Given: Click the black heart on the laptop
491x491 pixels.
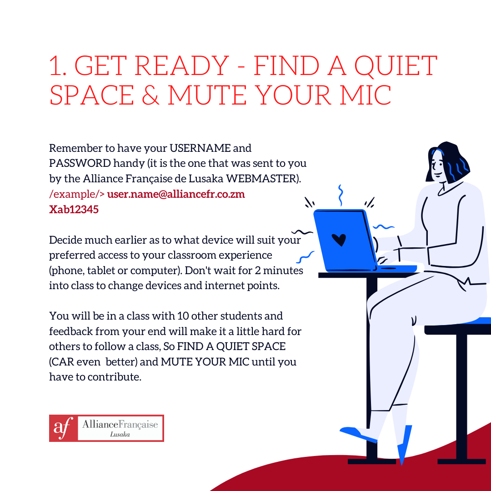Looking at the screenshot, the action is pyautogui.click(x=339, y=240).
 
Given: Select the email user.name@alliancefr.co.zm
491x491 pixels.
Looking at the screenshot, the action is pyautogui.click(x=176, y=194).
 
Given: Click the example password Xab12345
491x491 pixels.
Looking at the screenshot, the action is pyautogui.click(x=74, y=209).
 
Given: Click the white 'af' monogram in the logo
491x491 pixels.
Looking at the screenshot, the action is pyautogui.click(x=63, y=428).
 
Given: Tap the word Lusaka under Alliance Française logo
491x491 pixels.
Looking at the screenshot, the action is pyautogui.click(x=120, y=434).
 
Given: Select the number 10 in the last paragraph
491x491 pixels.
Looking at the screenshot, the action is pyautogui.click(x=183, y=316).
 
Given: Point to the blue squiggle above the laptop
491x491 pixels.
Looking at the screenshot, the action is pyautogui.click(x=341, y=195).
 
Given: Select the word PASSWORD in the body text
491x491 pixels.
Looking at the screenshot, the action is pyautogui.click(x=80, y=163).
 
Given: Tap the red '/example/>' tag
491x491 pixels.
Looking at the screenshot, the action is pyautogui.click(x=77, y=194).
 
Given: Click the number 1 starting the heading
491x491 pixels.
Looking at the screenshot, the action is pyautogui.click(x=56, y=66).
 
